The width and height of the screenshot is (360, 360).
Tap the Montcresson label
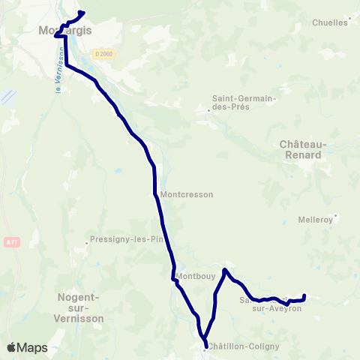[x=187, y=194]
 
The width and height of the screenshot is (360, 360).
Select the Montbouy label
[x=196, y=275]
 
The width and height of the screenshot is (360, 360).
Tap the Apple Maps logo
[x=27, y=347]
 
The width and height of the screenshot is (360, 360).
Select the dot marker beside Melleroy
[x=336, y=216]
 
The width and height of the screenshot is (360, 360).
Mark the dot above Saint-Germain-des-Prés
[x=208, y=111]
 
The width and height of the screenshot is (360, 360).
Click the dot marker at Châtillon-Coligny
[x=205, y=347]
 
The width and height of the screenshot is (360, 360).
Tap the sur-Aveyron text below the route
[x=276, y=308]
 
